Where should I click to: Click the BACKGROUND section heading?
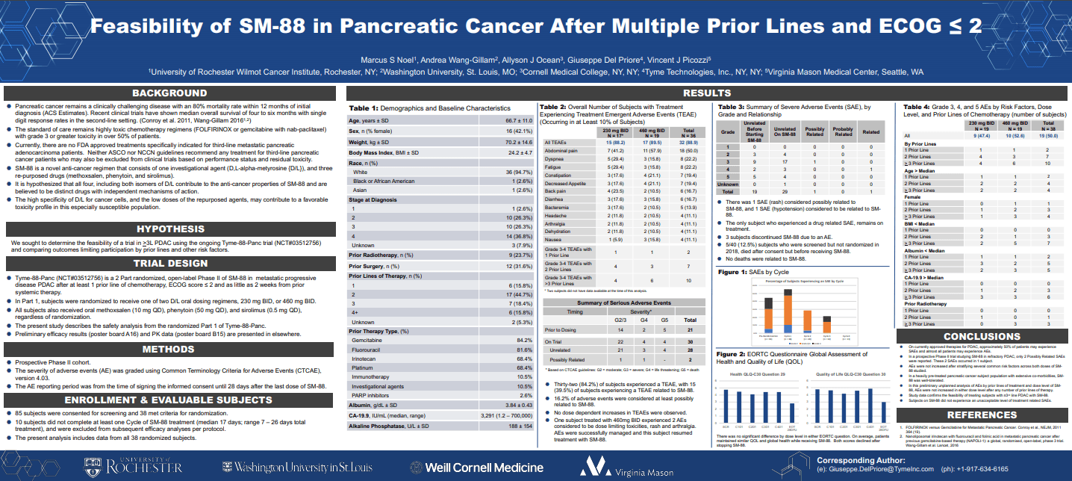coord(169,93)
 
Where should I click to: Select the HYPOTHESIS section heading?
coord(169,229)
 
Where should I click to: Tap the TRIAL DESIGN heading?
coord(169,263)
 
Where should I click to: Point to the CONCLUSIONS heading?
coord(982,336)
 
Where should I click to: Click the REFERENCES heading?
coord(982,415)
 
